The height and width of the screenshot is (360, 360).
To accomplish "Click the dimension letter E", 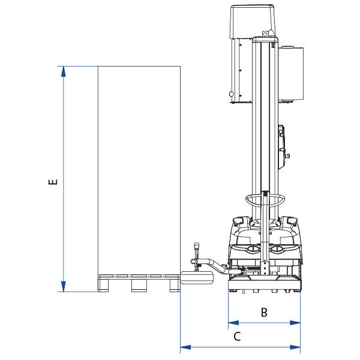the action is pos(53,182).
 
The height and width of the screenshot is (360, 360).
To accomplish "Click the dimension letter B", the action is pos(264,312).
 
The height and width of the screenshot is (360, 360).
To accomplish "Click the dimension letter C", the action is pos(237,337).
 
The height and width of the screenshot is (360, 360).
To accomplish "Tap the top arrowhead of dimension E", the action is pos(64,71).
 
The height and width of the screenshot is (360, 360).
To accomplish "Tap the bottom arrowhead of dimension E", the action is pos(64,287).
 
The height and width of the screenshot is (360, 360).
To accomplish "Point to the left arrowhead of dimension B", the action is pos(234,323).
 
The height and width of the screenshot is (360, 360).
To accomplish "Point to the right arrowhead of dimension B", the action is pos(295,323).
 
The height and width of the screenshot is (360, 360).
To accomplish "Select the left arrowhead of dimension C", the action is pos(186,347).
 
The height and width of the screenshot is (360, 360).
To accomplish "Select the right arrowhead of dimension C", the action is pos(295,347).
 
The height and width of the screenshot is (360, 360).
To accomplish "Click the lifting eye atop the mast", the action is pos(265,34).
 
